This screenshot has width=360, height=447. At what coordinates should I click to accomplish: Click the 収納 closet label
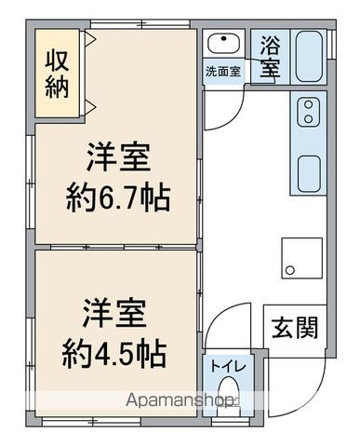pos(57,74)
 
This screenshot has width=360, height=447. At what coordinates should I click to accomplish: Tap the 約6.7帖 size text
pos(118,198)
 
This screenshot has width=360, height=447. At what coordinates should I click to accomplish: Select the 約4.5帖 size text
pos(114,354)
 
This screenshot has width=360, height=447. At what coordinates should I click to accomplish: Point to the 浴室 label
pos(270,57)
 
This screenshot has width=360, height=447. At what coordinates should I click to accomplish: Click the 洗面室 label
pos(223,72)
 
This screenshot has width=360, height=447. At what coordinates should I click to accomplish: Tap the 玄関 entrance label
pos(295,328)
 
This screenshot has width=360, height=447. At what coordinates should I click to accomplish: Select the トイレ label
pos(228,366)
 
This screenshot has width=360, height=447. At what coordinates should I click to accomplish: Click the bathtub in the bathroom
pos(309,56)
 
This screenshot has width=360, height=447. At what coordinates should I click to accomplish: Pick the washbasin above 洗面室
pos(223,44)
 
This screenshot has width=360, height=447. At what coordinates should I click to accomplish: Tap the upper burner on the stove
pos(308,104)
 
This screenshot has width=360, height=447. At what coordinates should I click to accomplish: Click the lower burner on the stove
pos(308,118)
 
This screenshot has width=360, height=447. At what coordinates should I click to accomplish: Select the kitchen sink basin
pos(309,174)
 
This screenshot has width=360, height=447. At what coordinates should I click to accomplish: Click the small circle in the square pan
pos(290,270)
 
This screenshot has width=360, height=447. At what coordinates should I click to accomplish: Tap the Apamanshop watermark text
pos(180,400)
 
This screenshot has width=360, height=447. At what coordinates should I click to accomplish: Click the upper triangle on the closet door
pos(90,39)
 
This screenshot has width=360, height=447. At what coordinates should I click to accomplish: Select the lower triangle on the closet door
pos(90,108)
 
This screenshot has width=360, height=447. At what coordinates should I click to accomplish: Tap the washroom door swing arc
pos(232,119)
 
